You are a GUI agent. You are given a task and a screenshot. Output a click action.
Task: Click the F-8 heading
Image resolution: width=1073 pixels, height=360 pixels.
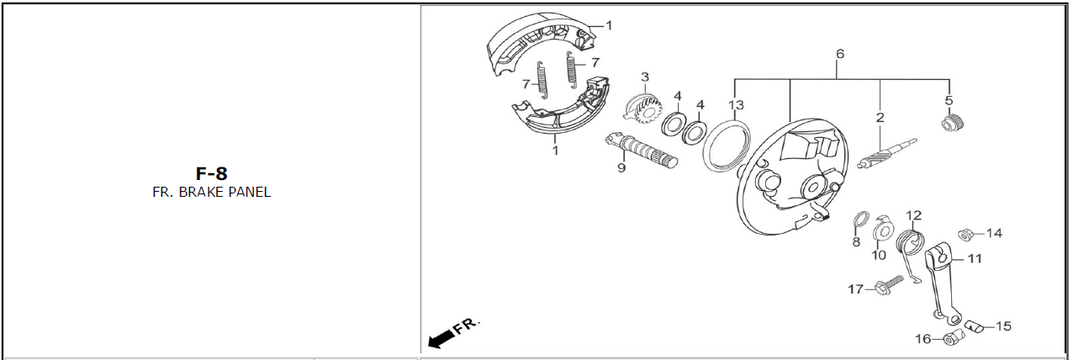211,173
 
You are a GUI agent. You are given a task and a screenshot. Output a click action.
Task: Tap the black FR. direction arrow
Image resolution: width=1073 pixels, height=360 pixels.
441,338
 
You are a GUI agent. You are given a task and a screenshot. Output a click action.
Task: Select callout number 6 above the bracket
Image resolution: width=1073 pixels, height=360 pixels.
840,54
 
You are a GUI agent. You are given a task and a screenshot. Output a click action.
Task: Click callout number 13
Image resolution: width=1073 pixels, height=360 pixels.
736,104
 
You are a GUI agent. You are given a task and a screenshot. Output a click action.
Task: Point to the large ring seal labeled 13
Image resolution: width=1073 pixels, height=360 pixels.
727,146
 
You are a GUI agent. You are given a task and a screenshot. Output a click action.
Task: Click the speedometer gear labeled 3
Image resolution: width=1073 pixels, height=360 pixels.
644,109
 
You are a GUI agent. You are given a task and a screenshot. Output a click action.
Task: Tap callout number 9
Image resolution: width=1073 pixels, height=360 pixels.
621,168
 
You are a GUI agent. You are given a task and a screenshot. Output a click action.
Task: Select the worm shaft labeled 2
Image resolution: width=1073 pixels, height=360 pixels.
886,153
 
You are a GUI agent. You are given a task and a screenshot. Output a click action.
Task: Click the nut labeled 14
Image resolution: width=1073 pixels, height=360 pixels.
965,235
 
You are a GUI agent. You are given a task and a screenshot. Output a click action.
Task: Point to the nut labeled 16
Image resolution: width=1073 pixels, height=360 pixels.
952,338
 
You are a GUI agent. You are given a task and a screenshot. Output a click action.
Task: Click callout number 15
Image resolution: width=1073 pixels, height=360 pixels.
1003,326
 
